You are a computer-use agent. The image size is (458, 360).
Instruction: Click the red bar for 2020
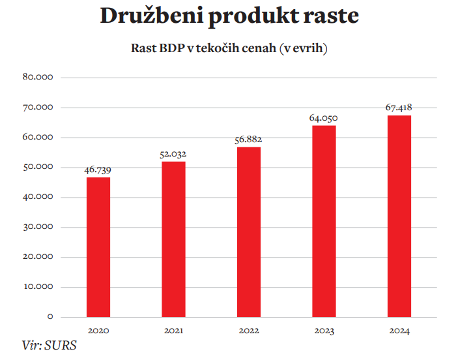click(98, 247)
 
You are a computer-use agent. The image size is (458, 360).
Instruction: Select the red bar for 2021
click(173, 239)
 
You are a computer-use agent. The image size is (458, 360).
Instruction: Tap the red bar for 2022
click(248, 232)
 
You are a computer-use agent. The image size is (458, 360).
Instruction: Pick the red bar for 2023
click(323, 220)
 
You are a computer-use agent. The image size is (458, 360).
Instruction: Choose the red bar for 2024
click(399, 216)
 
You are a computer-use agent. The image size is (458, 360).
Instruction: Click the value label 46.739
click(98, 170)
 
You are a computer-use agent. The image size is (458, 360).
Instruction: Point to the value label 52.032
click(173, 154)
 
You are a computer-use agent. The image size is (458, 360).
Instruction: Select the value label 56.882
click(248, 140)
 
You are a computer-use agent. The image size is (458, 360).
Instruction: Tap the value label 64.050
click(323, 118)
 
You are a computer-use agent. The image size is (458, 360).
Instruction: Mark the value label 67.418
click(399, 108)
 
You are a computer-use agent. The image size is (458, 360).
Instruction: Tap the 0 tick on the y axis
click(50, 317)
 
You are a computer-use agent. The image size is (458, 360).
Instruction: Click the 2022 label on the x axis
click(248, 331)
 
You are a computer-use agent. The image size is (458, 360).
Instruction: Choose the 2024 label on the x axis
click(399, 331)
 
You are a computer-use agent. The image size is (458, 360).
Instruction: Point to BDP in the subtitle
click(172, 49)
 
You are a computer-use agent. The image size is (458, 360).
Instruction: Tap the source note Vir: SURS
click(49, 346)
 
